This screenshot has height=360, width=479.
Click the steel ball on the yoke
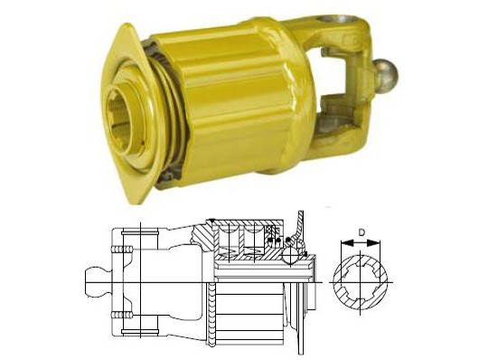[x=386, y=72]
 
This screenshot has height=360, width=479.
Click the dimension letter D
[x=362, y=232]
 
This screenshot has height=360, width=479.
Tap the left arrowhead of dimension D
[x=346, y=243]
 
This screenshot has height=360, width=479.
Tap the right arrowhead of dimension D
[x=375, y=243]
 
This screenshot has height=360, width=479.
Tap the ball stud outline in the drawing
[x=97, y=281]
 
